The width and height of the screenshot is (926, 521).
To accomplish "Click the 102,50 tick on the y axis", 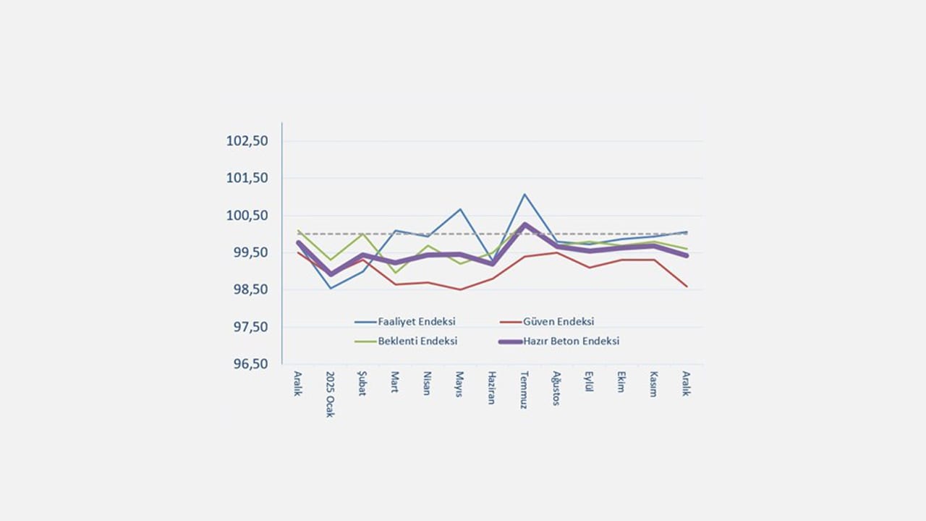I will [x=247, y=141].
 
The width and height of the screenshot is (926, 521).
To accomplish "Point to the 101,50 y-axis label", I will [x=247, y=178].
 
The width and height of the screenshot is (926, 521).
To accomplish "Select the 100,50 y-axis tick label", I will [x=247, y=216].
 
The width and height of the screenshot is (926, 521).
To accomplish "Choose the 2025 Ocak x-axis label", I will [x=330, y=395].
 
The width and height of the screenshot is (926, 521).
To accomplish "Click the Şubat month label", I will [x=362, y=384].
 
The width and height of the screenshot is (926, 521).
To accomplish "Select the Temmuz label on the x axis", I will [x=524, y=390].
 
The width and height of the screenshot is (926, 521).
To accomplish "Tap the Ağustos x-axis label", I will [x=556, y=389].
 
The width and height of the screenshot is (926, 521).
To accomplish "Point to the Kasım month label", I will [x=653, y=384].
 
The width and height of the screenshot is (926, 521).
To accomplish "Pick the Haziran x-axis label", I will [x=491, y=388].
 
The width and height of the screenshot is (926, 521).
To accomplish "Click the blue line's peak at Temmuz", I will [x=524, y=195].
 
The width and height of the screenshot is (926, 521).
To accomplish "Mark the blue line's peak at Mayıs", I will [x=459, y=209].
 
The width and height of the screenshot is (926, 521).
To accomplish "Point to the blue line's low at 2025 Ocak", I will [x=331, y=288].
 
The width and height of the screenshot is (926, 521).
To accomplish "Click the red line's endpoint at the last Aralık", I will [x=686, y=287].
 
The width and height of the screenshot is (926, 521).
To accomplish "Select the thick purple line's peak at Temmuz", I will [x=524, y=224].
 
